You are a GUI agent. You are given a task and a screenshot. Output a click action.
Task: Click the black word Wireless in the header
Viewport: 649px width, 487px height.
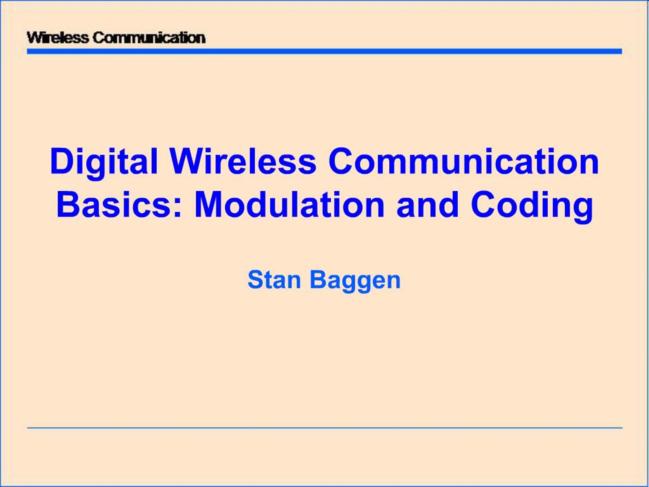[x=58, y=38]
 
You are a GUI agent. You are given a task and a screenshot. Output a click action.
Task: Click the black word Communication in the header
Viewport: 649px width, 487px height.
[x=149, y=38]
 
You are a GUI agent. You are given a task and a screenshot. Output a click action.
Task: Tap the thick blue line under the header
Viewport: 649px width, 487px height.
[x=324, y=52]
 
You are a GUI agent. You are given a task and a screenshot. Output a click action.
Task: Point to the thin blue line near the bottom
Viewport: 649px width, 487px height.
[x=324, y=428]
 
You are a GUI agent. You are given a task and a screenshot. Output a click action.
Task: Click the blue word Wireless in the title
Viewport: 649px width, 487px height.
[x=244, y=162]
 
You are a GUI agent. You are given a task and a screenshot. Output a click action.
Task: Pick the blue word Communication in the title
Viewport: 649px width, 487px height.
[x=464, y=162]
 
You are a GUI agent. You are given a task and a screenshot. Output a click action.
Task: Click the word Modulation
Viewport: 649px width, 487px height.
[x=289, y=205]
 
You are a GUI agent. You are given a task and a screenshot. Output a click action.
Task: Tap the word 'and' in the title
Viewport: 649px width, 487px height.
[x=427, y=205]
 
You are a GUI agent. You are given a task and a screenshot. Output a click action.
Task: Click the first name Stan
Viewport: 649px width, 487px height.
[x=274, y=280]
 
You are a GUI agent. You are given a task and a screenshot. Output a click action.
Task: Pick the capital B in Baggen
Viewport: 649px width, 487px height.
[x=318, y=280]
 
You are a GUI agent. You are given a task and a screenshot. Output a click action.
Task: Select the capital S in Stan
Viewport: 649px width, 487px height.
[x=255, y=280]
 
